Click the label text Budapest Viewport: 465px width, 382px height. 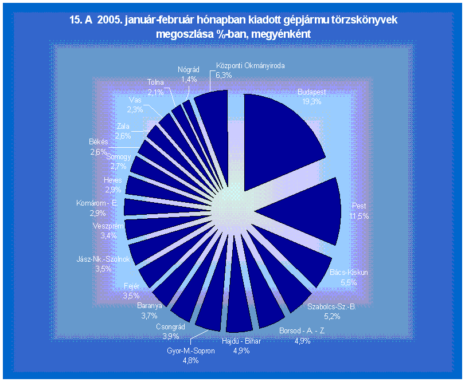(x=312, y=92)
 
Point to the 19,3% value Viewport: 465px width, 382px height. (x=312, y=101)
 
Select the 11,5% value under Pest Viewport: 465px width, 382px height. (x=359, y=216)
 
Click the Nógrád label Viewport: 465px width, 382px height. (x=189, y=70)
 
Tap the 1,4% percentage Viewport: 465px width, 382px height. (x=189, y=80)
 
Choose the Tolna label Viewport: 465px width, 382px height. (x=155, y=82)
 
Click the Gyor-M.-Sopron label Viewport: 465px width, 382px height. (x=191, y=351)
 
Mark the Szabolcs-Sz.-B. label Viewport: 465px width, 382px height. (x=331, y=306)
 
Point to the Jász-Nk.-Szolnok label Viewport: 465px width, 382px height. (x=103, y=259)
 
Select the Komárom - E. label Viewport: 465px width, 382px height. (x=97, y=203)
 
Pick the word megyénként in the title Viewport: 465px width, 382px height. (x=281, y=34)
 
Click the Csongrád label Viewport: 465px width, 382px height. (x=170, y=326)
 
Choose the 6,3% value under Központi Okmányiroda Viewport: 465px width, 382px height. (x=224, y=75)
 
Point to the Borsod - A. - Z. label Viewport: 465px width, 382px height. (x=302, y=331)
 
